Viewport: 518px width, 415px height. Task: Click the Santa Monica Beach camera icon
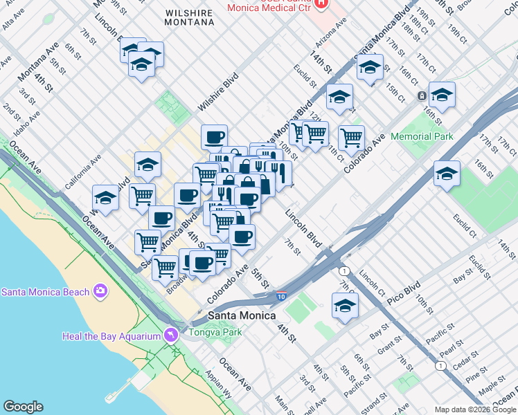coord(100,291)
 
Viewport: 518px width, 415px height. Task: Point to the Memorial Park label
coord(422,136)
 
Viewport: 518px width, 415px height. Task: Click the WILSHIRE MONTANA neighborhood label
coord(190,17)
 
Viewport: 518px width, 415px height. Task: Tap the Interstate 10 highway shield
coord(280,295)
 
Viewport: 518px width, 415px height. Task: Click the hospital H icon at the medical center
coord(320,3)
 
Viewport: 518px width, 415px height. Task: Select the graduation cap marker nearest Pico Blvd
coord(345,304)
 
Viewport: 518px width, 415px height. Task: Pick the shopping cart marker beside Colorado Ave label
coord(351,137)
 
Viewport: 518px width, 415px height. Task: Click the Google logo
coord(23,407)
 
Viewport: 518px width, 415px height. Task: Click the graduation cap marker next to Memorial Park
coord(442,95)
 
